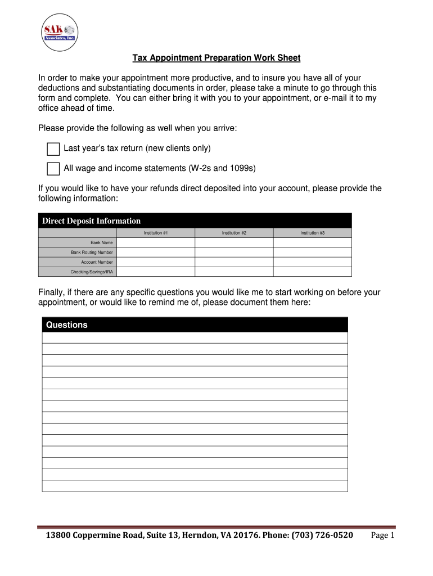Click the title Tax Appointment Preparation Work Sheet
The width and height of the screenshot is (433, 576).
click(216, 58)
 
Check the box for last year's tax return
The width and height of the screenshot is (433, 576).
click(53, 149)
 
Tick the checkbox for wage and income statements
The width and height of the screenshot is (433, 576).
click(53, 169)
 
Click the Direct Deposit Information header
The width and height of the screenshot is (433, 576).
click(91, 221)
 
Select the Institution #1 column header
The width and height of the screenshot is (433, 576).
click(155, 233)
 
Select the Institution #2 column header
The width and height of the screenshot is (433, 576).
click(234, 233)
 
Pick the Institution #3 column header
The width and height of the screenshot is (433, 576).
click(312, 233)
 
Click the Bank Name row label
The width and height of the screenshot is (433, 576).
click(102, 242)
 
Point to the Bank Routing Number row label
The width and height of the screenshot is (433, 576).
click(92, 253)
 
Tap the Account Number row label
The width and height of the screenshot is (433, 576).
click(97, 262)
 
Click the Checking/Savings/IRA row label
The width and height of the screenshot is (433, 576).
click(92, 272)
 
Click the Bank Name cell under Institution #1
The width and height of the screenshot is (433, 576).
click(155, 242)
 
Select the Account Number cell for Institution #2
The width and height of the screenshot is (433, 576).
click(234, 262)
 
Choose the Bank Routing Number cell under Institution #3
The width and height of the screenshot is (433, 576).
click(312, 253)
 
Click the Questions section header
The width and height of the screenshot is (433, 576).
click(67, 325)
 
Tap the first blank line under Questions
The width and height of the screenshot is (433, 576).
click(195, 337)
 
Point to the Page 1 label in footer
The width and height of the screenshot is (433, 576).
click(384, 535)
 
